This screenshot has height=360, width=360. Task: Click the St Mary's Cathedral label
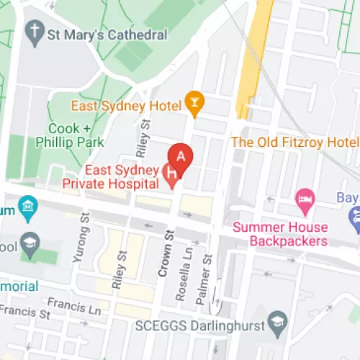(x=107, y=34)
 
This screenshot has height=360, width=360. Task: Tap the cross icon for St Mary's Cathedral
(x=35, y=31)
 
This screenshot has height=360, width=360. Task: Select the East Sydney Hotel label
(x=125, y=106)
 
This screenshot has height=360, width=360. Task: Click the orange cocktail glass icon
(x=193, y=103)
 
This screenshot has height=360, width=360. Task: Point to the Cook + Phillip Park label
(x=76, y=135)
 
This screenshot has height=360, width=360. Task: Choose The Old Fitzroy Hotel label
(x=294, y=142)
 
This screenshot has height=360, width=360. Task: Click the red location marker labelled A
(x=181, y=157)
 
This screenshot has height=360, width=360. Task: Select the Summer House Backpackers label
(x=279, y=234)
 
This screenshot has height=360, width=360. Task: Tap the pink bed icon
(x=305, y=198)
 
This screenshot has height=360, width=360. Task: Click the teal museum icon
(x=27, y=208)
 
